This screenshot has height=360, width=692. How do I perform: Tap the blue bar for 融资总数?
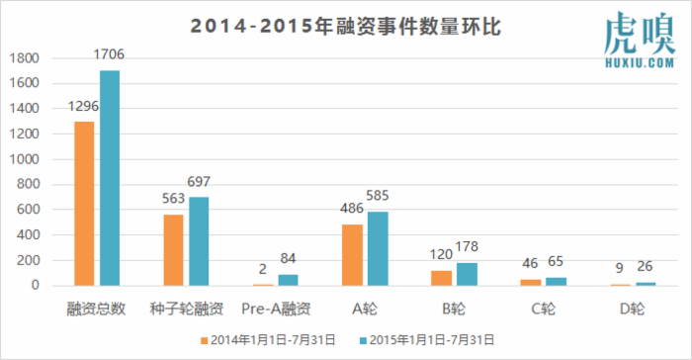click(x=109, y=178)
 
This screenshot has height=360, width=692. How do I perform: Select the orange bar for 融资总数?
click(x=85, y=204)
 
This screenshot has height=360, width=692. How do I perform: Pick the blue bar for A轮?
click(x=377, y=248)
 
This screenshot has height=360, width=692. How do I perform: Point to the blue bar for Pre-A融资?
click(x=288, y=280)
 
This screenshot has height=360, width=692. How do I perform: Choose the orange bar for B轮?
click(x=442, y=278)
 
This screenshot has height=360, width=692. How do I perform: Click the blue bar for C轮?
click(x=555, y=282)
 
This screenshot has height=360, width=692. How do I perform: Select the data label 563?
click(x=174, y=196)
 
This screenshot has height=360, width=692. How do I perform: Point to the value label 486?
click(x=353, y=211)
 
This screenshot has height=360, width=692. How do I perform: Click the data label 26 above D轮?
click(x=644, y=268)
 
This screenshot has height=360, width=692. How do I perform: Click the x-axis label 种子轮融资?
click(x=186, y=308)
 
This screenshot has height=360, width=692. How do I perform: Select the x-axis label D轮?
click(x=632, y=308)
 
